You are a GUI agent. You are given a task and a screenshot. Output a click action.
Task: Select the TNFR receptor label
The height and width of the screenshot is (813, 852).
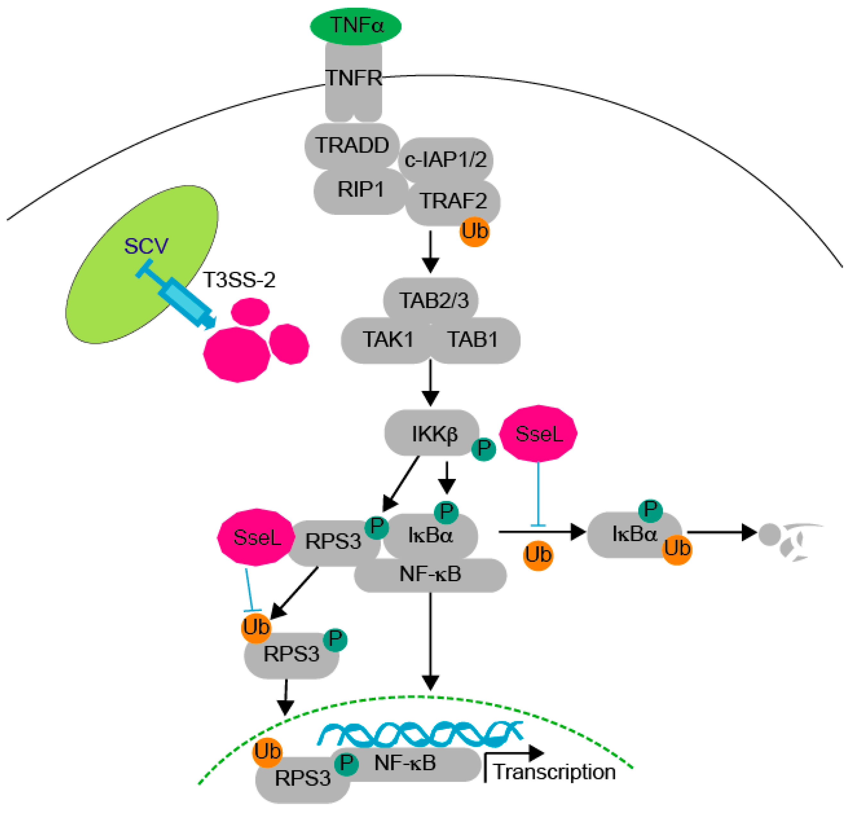click(353, 78)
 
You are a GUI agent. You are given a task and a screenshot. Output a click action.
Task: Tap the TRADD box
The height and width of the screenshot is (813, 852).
click(352, 145)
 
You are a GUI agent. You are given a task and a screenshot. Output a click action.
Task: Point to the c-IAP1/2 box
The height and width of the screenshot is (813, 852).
click(445, 160)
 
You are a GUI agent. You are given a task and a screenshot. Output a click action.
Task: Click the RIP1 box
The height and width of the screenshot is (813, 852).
click(360, 190)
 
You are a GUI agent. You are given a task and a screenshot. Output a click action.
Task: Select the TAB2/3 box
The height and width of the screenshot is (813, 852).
click(433, 300)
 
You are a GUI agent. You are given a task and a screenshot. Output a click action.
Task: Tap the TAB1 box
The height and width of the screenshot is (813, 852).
click(472, 339)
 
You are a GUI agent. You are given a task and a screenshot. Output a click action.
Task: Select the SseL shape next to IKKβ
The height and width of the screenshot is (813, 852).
click(538, 433)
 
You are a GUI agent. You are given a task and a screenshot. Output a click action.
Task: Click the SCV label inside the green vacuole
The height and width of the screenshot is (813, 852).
click(146, 246)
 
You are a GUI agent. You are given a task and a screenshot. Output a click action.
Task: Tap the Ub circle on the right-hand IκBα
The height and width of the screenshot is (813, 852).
click(676, 549)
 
